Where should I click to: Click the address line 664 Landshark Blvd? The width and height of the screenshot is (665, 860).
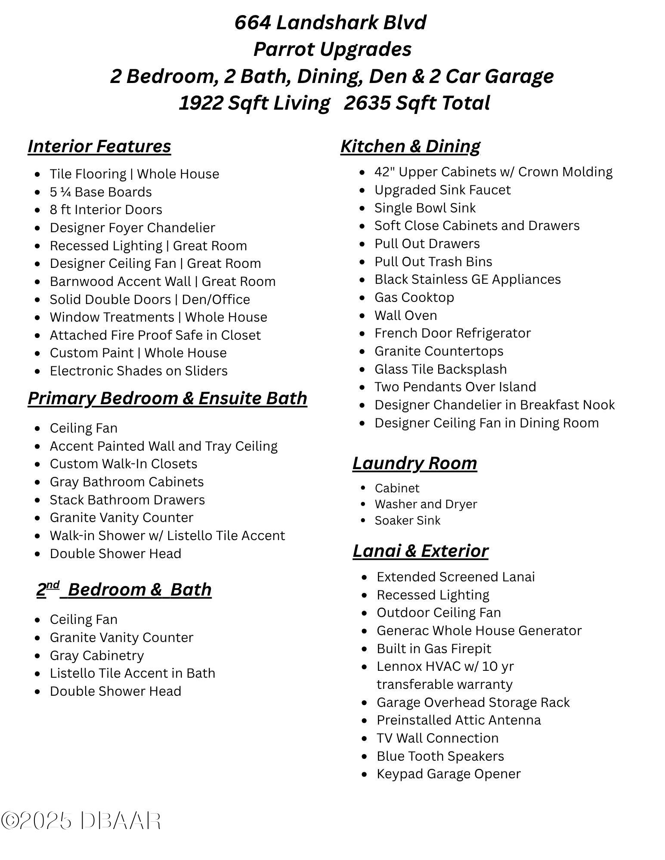[330, 22]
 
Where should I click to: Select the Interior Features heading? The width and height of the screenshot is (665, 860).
[99, 146]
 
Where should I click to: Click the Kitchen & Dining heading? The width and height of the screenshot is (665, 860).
[410, 146]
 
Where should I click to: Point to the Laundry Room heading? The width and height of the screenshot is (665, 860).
[414, 463]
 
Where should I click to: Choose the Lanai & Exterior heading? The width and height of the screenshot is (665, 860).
[420, 551]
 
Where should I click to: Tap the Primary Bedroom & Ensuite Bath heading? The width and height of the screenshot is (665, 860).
[167, 398]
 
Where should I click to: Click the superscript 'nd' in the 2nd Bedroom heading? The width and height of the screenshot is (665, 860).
[53, 585]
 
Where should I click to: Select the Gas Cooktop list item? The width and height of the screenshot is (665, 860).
[414, 298]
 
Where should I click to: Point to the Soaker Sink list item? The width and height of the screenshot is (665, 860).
[407, 521]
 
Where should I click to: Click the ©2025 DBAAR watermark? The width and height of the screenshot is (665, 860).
[81, 821]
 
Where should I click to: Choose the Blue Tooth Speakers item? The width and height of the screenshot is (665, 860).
[440, 756]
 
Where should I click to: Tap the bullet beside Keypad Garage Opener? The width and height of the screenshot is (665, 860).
[365, 774]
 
